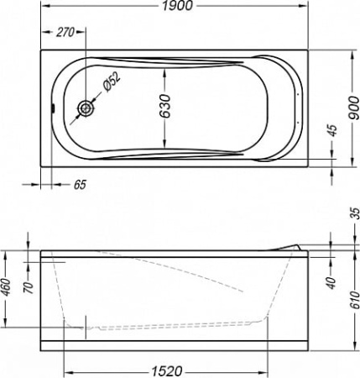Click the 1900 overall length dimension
coord(177,6)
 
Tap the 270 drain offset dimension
coord(65,32)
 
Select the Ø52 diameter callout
coord(111,81)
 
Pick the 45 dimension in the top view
coord(332,130)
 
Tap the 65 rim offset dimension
coord(80,185)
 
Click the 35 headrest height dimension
coord(355,213)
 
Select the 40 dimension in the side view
coord(331,283)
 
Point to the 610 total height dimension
coord(355,300)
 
